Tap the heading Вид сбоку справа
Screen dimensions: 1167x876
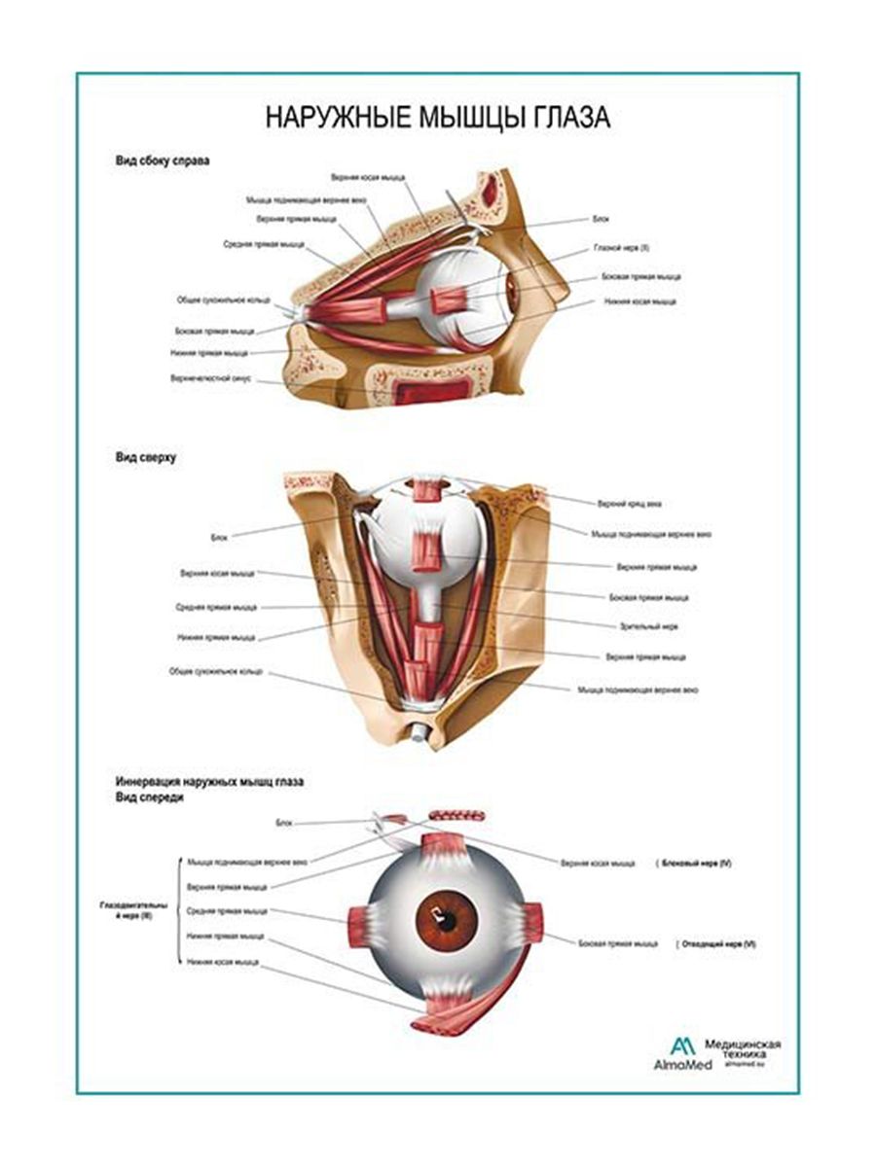click(x=162, y=159)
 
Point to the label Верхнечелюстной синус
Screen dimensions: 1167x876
click(x=211, y=378)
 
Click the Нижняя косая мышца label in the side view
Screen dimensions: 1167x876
click(x=639, y=301)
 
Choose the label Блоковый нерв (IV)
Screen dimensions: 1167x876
click(x=696, y=864)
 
